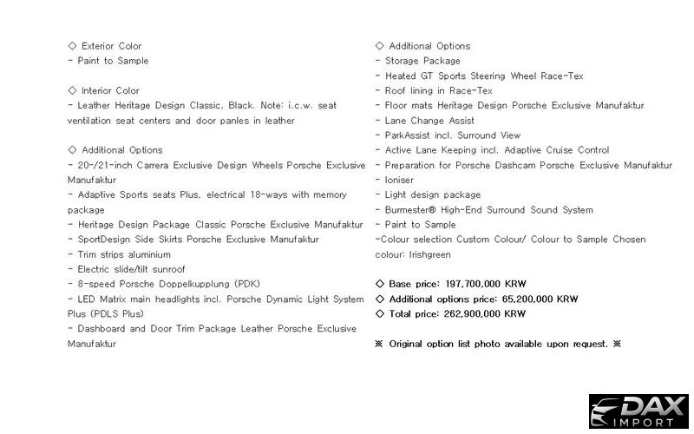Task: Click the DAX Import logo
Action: pyautogui.click(x=638, y=411)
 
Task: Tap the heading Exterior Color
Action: pyautogui.click(x=111, y=46)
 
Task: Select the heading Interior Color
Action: pyautogui.click(x=110, y=90)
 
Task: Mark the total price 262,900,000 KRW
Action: pyautogui.click(x=485, y=313)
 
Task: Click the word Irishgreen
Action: pyautogui.click(x=427, y=254)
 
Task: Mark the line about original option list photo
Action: pyautogui.click(x=498, y=344)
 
